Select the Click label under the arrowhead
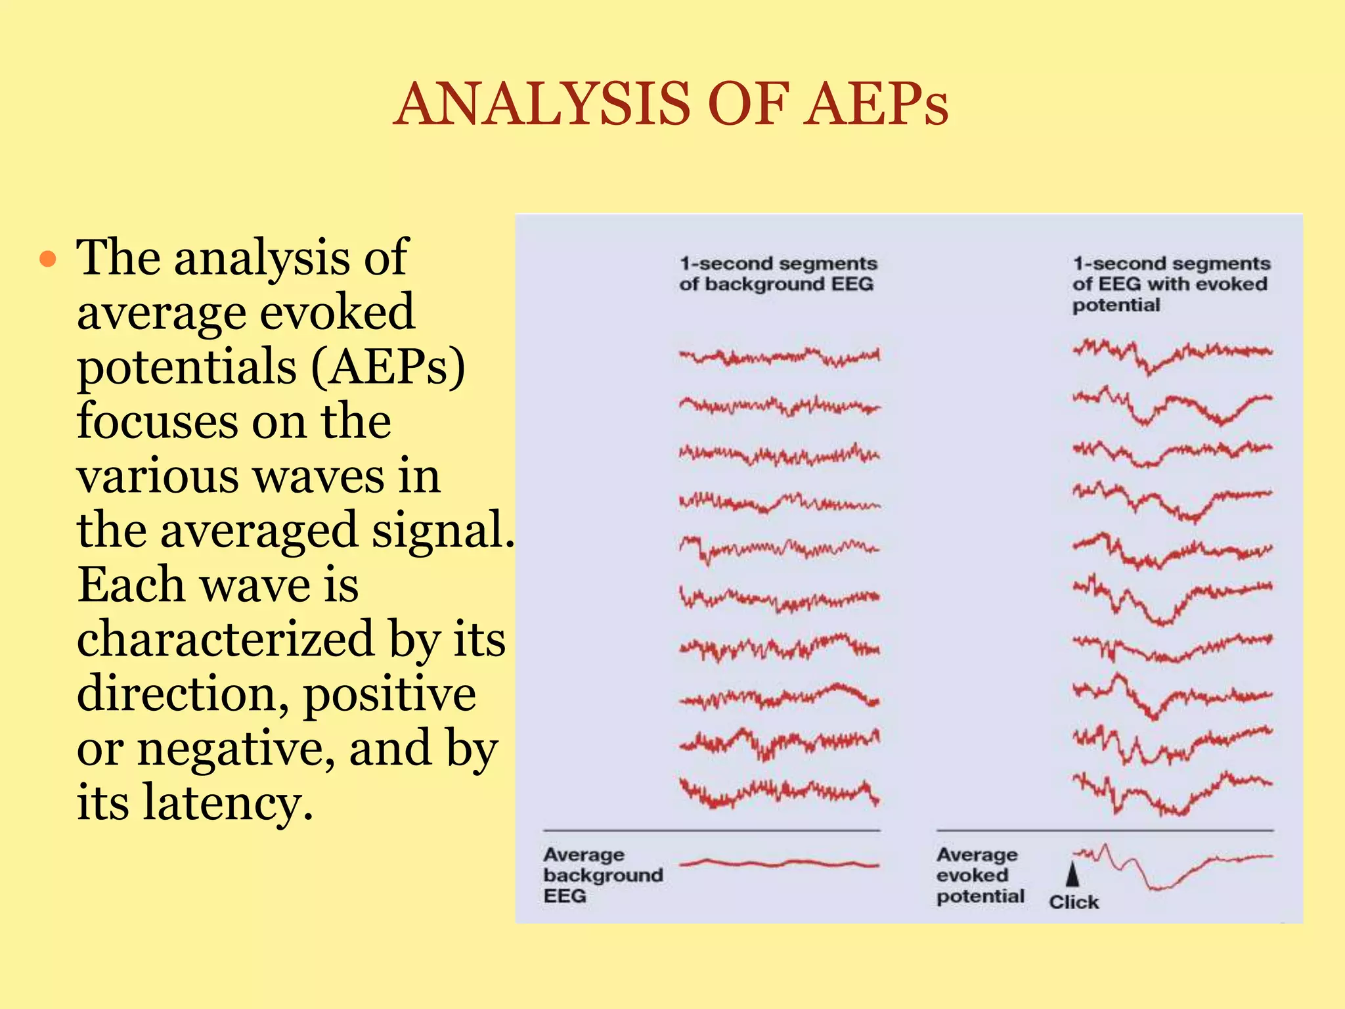[x=1073, y=902]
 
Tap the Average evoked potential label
[x=980, y=875]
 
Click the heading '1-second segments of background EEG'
[x=778, y=273]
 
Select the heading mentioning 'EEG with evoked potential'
[x=1170, y=284]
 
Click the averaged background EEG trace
[x=779, y=863]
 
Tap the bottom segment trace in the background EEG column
[x=779, y=792]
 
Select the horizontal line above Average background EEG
[x=711, y=831]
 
